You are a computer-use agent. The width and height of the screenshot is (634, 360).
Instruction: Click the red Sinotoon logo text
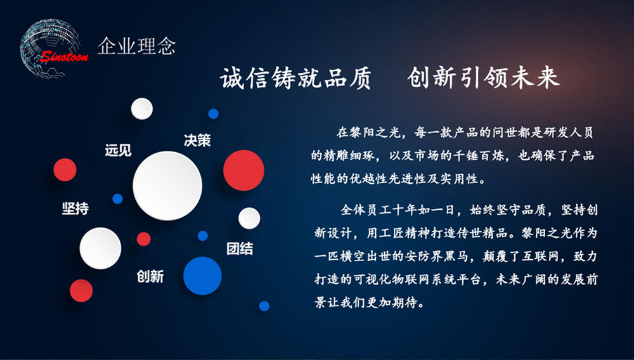[64, 56]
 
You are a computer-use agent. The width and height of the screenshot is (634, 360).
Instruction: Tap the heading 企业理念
[137, 46]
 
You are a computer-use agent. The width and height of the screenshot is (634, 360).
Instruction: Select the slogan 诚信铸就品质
[295, 78]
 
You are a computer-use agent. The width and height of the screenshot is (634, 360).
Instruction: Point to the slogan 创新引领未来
[484, 78]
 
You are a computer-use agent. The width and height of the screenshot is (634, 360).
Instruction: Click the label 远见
[118, 150]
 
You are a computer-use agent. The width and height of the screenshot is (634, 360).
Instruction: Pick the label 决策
[197, 140]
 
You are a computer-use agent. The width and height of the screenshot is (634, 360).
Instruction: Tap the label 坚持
[75, 208]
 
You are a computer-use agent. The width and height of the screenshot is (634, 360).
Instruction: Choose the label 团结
[240, 248]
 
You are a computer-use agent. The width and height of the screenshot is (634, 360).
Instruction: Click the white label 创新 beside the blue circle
[150, 276]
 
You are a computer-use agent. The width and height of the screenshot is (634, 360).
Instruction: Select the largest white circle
[167, 186]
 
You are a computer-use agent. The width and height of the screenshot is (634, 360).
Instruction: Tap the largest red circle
[244, 170]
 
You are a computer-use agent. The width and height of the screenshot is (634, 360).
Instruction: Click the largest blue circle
[203, 276]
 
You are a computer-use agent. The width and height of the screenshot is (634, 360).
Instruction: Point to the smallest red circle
[143, 239]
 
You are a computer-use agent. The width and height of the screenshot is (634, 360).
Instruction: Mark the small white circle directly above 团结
[249, 218]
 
